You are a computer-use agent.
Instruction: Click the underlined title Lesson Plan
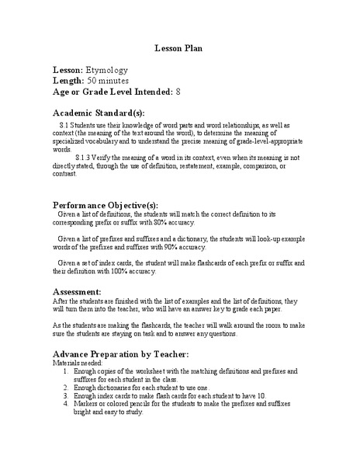click(179, 47)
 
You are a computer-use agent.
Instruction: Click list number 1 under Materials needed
click(67, 371)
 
